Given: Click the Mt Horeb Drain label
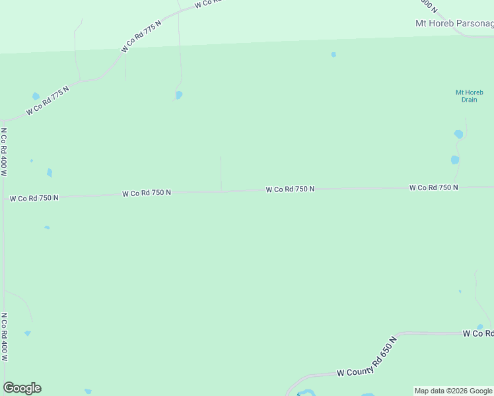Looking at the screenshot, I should pyautogui.click(x=469, y=96).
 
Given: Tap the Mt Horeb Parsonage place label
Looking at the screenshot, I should pyautogui.click(x=454, y=24).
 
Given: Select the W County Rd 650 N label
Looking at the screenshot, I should pyautogui.click(x=367, y=360).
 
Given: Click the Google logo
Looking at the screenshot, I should pyautogui.click(x=22, y=388).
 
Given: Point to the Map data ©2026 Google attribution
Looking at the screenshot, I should pyautogui.click(x=453, y=391).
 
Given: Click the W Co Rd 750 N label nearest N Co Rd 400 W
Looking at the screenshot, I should pyautogui.click(x=34, y=197).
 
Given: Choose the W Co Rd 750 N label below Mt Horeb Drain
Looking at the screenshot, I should pyautogui.click(x=433, y=187).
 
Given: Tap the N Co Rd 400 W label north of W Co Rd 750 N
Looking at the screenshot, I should pyautogui.click(x=4, y=152).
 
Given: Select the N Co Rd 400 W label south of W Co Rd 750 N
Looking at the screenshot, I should pyautogui.click(x=4, y=337).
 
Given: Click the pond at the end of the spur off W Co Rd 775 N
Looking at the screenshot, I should pyautogui.click(x=179, y=95).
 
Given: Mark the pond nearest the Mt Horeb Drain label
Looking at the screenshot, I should pyautogui.click(x=458, y=134).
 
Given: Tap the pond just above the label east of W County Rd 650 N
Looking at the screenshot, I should pyautogui.click(x=480, y=327).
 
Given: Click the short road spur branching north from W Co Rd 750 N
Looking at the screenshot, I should pyautogui.click(x=221, y=173).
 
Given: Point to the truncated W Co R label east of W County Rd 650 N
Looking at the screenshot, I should pyautogui.click(x=477, y=334).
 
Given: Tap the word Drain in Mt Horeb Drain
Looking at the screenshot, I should pyautogui.click(x=469, y=100).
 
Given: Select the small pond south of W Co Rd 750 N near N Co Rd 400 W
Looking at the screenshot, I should pyautogui.click(x=47, y=228).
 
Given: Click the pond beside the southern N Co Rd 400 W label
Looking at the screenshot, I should pyautogui.click(x=27, y=333).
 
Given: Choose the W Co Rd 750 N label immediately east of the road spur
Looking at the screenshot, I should pyautogui.click(x=290, y=189).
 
